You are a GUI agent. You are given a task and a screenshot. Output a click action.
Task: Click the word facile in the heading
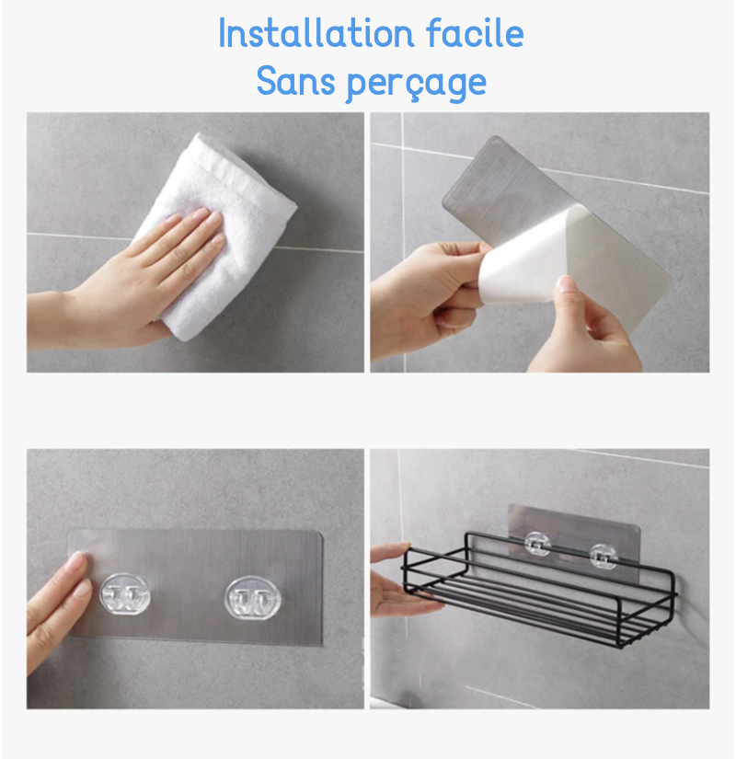(x=475, y=34)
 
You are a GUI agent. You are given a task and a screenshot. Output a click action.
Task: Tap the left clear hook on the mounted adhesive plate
(x=125, y=595)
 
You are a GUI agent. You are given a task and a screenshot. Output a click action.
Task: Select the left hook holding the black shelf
(x=539, y=545)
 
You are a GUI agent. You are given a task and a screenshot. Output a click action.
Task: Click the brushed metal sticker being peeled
(x=515, y=184)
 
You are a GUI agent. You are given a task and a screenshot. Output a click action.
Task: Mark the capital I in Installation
(x=224, y=34)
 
